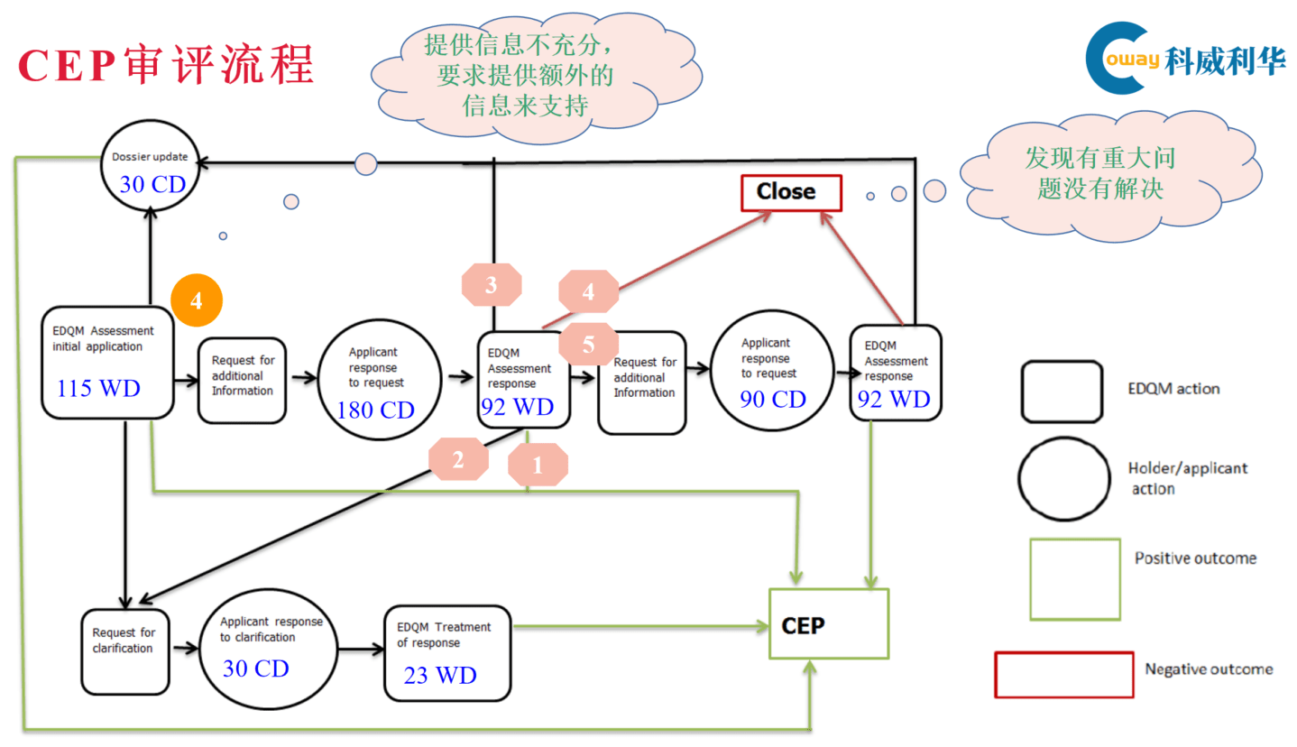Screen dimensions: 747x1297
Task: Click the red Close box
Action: click(790, 192)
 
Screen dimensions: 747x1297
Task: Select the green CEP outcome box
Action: click(828, 623)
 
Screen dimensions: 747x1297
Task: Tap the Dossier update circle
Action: click(151, 171)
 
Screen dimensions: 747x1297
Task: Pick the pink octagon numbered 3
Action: click(492, 286)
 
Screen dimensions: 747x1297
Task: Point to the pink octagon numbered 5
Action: click(588, 344)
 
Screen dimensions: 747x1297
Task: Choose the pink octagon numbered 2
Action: click(458, 459)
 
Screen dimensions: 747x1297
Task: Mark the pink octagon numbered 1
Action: click(538, 466)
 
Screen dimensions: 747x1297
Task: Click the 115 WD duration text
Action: click(98, 389)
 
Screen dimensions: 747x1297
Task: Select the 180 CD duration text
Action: click(375, 410)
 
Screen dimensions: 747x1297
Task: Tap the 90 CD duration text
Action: click(773, 399)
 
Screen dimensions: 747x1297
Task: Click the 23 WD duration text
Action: click(440, 675)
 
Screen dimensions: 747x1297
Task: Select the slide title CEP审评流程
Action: click(166, 65)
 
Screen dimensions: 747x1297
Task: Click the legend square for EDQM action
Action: click(1062, 392)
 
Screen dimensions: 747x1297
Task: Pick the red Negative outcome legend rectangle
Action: click(1064, 675)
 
